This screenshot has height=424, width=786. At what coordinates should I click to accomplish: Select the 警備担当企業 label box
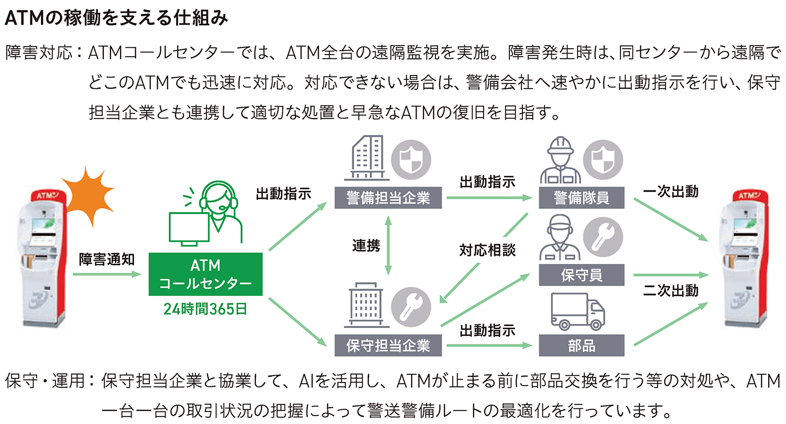coord(388,198)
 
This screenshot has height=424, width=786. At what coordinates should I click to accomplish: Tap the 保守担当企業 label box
coord(388,346)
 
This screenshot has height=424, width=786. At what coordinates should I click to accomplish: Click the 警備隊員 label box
coord(581,198)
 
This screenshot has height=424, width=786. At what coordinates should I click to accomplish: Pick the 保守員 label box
coord(581,274)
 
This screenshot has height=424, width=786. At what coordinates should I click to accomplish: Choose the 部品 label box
coord(581,346)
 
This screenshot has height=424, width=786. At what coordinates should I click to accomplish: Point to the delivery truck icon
coord(577,313)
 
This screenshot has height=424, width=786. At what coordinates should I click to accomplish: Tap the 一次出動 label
coord(670,192)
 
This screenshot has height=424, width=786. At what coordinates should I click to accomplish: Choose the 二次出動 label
coord(670,290)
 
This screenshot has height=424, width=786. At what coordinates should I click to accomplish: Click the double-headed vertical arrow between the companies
coord(388,245)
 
